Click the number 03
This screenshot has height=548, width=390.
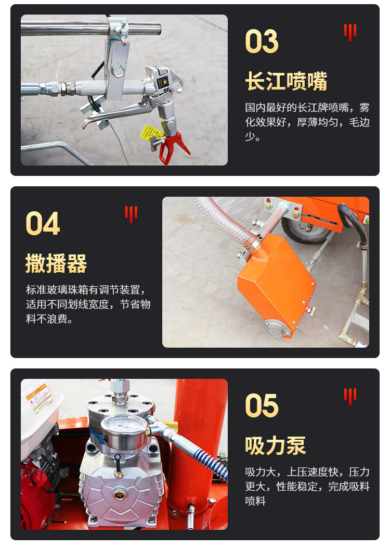262,41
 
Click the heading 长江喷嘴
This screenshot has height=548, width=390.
287,81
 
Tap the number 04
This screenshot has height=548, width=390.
43,223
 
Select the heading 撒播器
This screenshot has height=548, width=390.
56,263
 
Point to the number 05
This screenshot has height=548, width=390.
262,405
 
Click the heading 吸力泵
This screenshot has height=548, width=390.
276,445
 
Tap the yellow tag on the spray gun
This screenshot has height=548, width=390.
151,133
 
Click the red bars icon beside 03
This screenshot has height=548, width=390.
350,32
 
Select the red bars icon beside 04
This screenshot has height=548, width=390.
131,214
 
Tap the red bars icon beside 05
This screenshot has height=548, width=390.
350,397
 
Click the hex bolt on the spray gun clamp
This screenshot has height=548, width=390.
118,72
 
